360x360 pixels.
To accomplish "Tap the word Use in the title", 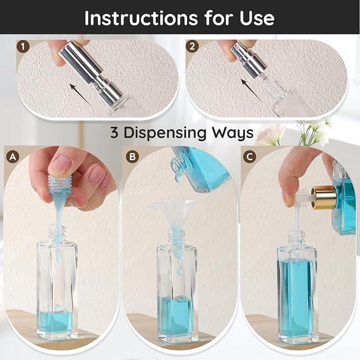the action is point(257,18).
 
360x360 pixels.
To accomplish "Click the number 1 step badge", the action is point(23,47).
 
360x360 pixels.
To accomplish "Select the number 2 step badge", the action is point(192,46).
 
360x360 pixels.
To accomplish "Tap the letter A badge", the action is point(13,157).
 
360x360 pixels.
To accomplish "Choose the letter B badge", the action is point(133,157).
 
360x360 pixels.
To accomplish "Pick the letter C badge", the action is point(250,157).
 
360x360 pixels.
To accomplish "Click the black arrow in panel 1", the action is point(81,94).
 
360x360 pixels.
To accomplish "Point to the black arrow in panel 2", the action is point(252,90).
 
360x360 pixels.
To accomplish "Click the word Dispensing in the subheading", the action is point(164,133).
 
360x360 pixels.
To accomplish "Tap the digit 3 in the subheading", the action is point(114,133).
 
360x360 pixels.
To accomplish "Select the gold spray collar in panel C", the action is point(323,198).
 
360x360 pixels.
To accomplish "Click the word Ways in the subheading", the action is point(232,133).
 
